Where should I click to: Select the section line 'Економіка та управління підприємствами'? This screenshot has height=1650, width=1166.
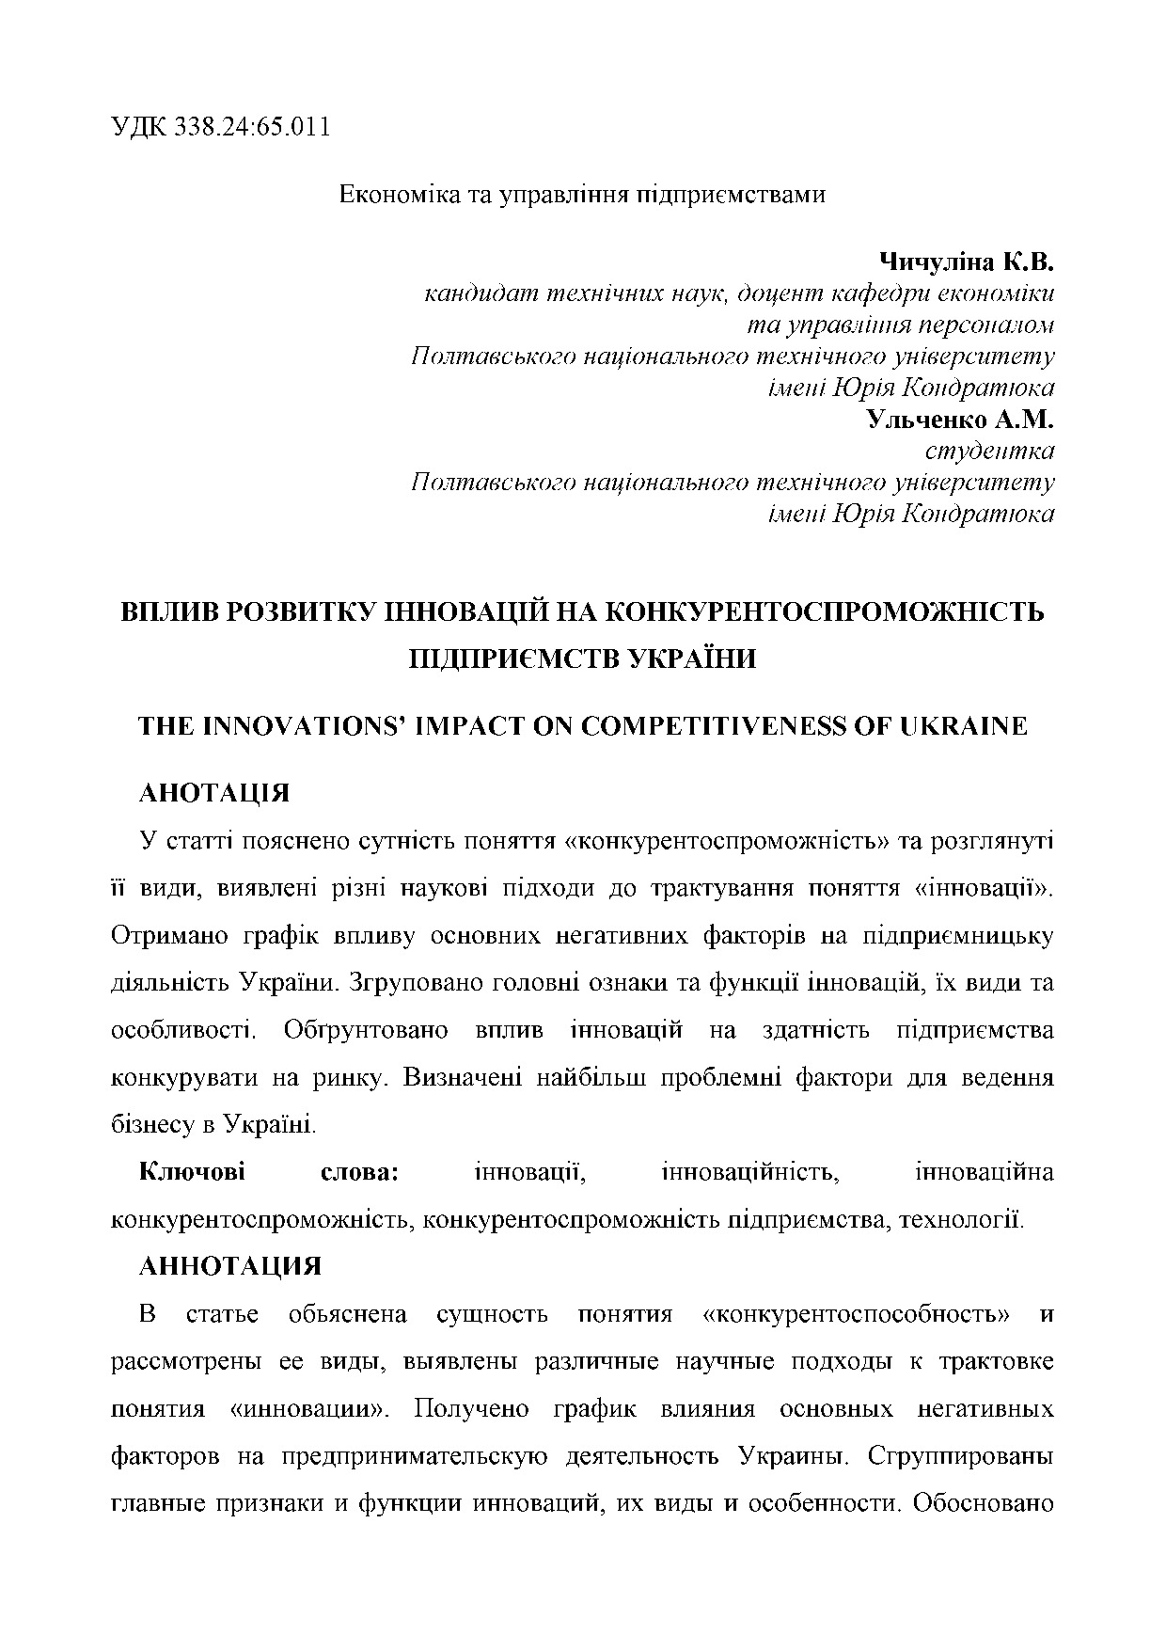(582, 196)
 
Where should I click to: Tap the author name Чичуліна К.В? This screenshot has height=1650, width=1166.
(966, 261)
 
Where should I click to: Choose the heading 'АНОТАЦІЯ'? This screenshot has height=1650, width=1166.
(214, 793)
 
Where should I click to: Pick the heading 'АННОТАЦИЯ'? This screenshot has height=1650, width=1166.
(230, 1266)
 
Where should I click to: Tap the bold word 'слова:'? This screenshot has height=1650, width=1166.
(361, 1172)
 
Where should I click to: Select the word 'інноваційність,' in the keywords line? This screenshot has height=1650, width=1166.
(749, 1172)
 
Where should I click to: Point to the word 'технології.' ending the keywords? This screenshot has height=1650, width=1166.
(961, 1220)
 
